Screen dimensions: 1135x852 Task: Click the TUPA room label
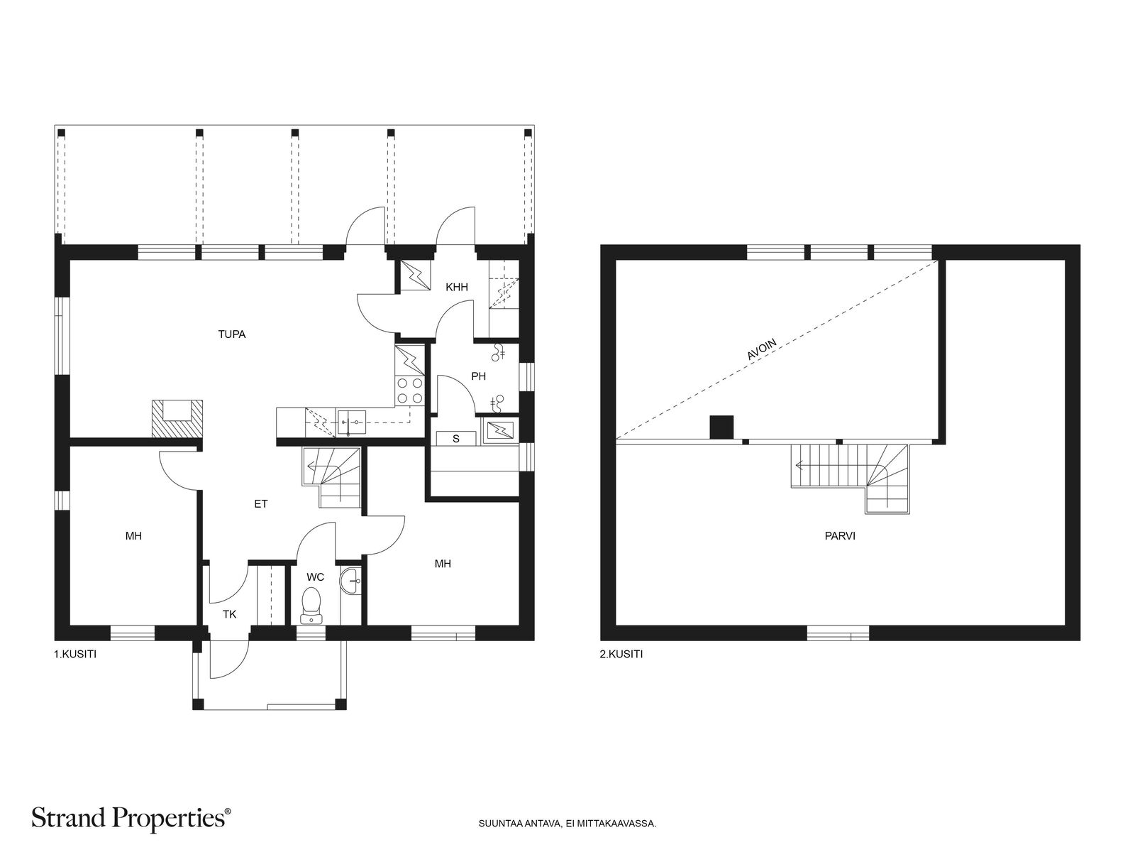(232, 334)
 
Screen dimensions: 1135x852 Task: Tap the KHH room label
(457, 287)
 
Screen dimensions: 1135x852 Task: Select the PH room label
(478, 376)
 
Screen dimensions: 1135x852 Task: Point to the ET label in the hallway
(260, 503)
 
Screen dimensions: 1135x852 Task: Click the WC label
(315, 577)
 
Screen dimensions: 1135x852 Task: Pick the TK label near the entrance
(230, 614)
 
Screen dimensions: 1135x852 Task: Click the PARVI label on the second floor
(840, 536)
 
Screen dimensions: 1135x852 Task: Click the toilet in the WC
(311, 605)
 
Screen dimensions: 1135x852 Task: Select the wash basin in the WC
(350, 581)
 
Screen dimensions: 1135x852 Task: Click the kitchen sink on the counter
(352, 422)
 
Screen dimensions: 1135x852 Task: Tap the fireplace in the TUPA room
(177, 419)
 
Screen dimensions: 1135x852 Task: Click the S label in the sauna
(455, 439)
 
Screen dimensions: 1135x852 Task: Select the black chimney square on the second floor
(721, 427)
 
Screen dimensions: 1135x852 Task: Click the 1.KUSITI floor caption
(75, 654)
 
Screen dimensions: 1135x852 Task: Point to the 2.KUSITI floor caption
(621, 654)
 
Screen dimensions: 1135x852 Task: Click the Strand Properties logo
(131, 819)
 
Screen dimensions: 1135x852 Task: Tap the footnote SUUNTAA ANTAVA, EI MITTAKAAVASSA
(567, 823)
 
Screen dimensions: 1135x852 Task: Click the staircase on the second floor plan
(850, 479)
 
